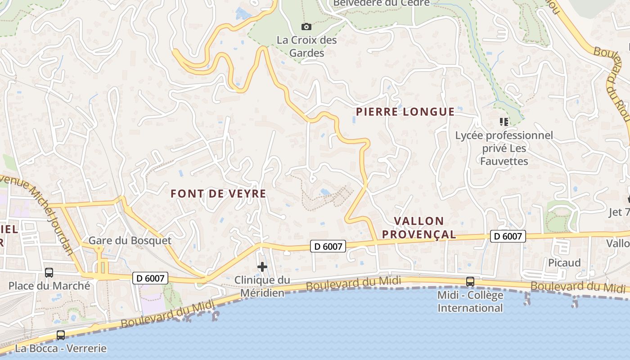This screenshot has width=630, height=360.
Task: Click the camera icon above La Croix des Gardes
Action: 306,27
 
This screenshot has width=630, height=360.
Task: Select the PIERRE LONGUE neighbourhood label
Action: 405,112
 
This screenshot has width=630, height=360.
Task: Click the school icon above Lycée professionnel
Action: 504,121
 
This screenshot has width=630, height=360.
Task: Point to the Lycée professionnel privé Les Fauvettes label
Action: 504,148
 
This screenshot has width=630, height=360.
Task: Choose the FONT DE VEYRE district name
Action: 218,194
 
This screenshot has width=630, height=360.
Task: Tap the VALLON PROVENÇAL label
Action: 425,228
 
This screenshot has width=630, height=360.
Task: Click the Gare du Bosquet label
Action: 130,241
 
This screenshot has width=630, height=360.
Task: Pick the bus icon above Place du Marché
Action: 49,273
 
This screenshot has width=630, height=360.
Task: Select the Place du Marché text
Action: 49,286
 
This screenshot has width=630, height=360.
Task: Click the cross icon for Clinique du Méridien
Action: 262,267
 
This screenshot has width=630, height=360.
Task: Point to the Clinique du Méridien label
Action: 262,287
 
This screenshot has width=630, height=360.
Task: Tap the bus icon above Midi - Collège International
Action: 470,282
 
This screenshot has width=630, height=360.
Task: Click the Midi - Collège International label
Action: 470,301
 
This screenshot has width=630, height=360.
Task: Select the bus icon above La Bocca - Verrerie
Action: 61,335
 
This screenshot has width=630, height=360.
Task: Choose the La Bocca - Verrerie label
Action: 61,348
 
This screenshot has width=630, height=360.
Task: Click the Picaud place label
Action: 564,263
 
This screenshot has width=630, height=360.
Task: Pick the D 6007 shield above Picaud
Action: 508,236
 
